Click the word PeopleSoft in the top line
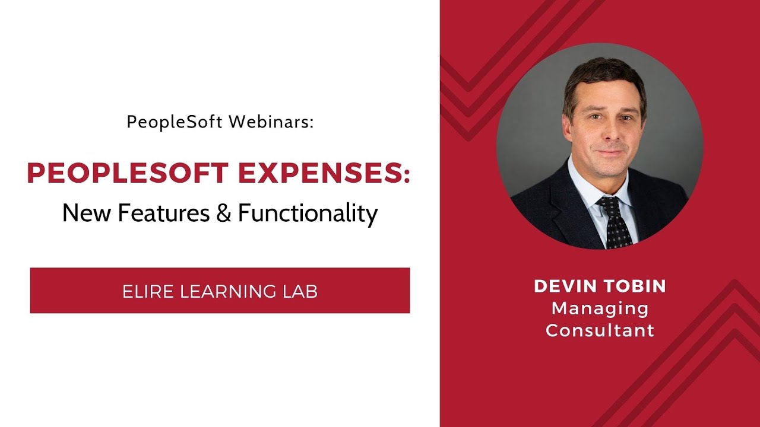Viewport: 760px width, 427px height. point(175,122)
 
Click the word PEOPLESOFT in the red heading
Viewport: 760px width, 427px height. point(128,173)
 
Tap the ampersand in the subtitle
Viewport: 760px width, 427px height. point(223,212)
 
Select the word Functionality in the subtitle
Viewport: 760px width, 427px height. point(308,212)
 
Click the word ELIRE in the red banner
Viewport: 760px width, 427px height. point(148,291)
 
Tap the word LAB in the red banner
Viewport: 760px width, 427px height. point(299,291)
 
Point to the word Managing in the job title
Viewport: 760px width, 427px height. point(600,308)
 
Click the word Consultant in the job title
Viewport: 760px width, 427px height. point(600,330)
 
